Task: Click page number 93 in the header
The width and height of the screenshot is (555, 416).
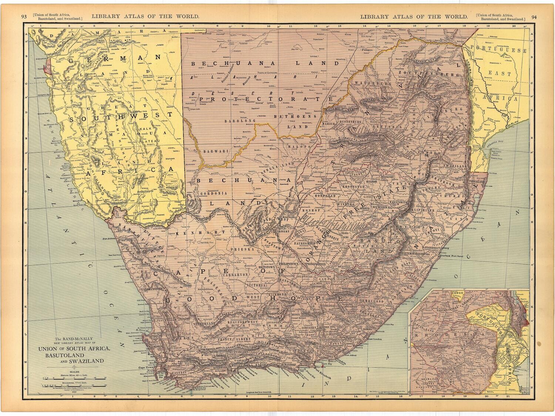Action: (x=24, y=17)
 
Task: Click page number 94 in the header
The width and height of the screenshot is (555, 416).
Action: (x=534, y=17)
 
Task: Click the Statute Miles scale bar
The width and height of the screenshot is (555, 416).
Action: (x=70, y=378)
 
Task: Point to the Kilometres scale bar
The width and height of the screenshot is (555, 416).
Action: (x=70, y=386)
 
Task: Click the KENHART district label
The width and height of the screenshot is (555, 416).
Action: (x=191, y=234)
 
